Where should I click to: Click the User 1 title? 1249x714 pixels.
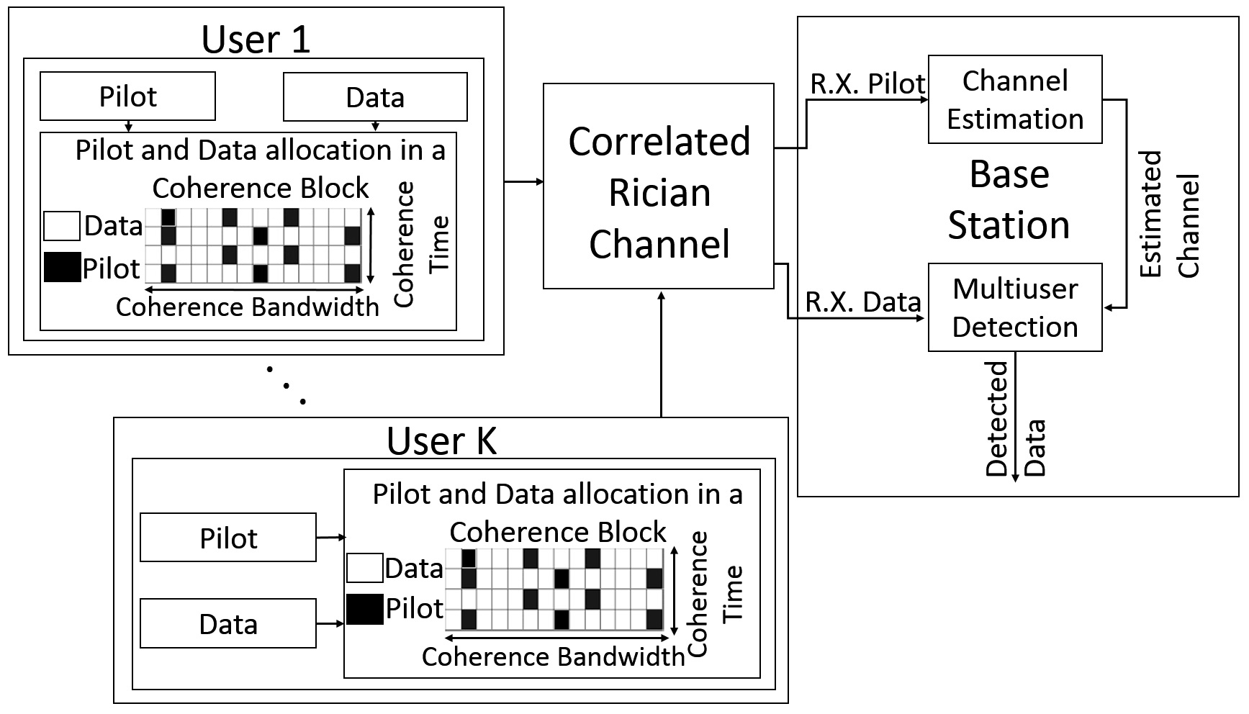click(256, 39)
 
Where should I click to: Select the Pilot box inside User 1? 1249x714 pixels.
click(127, 96)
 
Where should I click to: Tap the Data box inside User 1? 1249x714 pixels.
click(375, 97)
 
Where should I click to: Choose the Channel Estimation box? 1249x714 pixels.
click(1015, 100)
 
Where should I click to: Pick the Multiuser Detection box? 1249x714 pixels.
click(1015, 308)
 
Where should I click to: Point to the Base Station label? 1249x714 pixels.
click(1009, 199)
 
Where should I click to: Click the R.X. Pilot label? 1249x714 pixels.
click(867, 83)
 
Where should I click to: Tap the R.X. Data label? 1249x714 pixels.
click(862, 302)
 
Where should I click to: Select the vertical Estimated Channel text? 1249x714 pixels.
click(1169, 215)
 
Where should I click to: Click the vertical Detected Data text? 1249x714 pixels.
click(1015, 419)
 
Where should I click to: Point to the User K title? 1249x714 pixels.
click(441, 440)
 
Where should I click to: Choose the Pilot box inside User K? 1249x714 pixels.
click(228, 538)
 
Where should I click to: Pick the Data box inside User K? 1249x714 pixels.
click(228, 623)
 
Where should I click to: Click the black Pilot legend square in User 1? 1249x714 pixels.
click(62, 267)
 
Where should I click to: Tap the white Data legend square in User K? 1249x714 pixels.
click(364, 567)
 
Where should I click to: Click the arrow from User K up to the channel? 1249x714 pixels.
click(661, 353)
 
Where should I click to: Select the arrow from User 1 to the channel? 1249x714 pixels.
click(523, 182)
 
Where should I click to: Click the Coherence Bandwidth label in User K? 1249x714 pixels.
click(553, 656)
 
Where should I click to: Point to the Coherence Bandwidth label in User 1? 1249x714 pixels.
click(247, 307)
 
